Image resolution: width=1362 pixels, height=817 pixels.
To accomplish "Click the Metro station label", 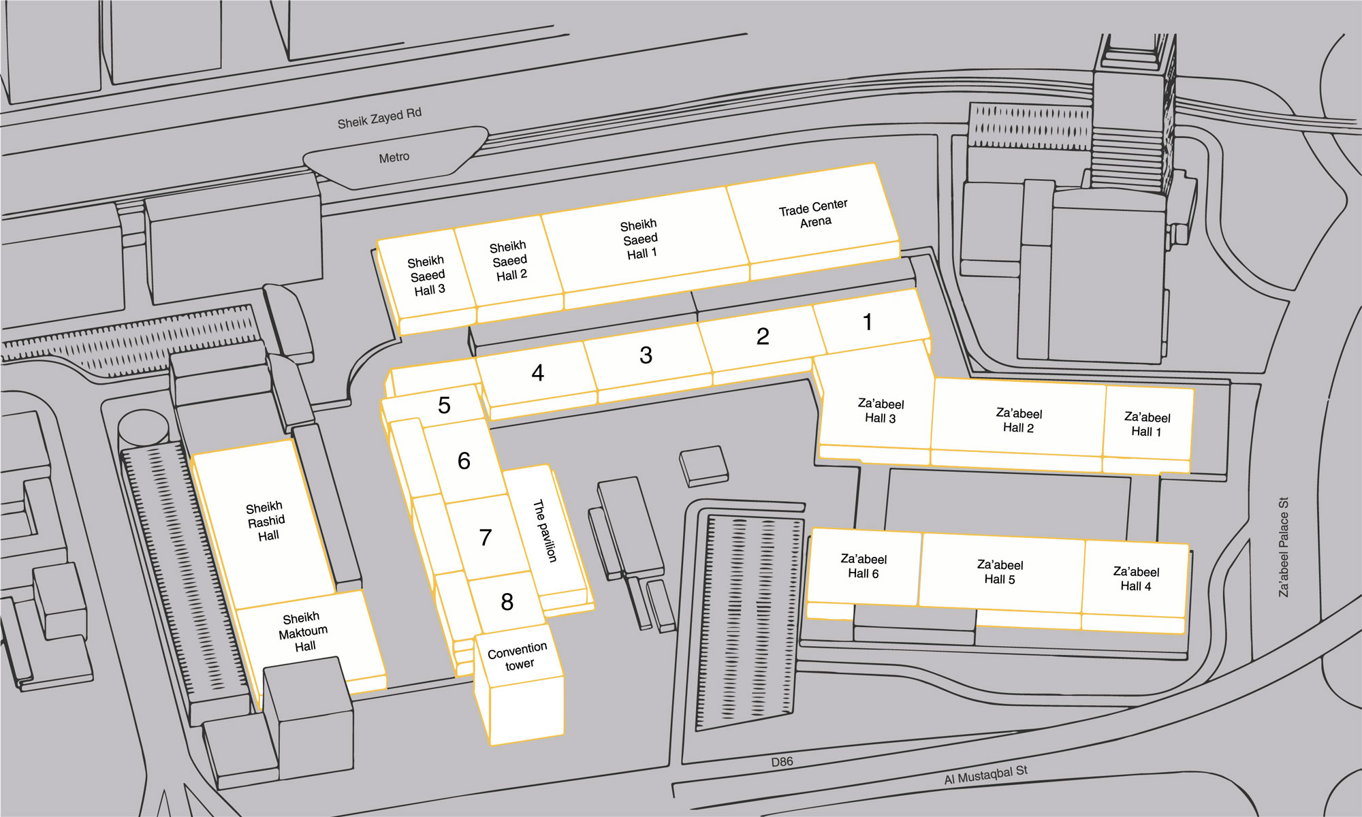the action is (x=394, y=157).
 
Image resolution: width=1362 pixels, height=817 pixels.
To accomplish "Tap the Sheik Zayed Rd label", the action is (x=379, y=118).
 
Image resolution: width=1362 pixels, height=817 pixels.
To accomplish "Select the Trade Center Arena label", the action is (x=814, y=213).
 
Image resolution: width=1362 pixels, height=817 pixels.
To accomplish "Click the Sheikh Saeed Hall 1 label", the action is (x=640, y=239).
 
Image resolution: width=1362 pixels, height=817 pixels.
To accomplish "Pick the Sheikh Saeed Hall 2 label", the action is (x=509, y=261).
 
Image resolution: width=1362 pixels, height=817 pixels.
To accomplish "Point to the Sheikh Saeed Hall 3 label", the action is (x=427, y=276).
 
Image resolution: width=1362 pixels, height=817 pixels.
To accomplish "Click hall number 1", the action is (x=868, y=321).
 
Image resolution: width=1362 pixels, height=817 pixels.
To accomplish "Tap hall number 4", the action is (x=537, y=372).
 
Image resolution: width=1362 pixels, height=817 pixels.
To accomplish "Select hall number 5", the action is (x=444, y=405).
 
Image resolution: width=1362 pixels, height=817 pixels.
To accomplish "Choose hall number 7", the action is (x=485, y=537).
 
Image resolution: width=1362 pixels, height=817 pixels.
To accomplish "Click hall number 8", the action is (x=507, y=601).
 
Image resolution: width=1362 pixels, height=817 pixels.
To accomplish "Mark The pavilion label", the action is (x=545, y=531).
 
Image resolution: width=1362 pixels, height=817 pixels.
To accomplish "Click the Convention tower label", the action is (x=518, y=656).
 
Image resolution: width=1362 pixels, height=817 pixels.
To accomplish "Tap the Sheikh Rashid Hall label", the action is (x=266, y=521).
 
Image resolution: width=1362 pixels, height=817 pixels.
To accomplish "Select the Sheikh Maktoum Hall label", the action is (x=303, y=631).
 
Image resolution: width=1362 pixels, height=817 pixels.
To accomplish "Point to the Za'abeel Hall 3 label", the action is (x=881, y=411).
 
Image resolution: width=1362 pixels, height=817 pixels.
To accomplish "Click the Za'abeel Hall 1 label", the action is (x=1147, y=423).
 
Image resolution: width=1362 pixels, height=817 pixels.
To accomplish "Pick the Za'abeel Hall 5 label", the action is (x=1000, y=572).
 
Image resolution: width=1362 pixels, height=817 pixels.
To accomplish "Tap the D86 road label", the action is (x=782, y=762).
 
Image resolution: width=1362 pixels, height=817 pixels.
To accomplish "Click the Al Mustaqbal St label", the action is (x=985, y=775).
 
